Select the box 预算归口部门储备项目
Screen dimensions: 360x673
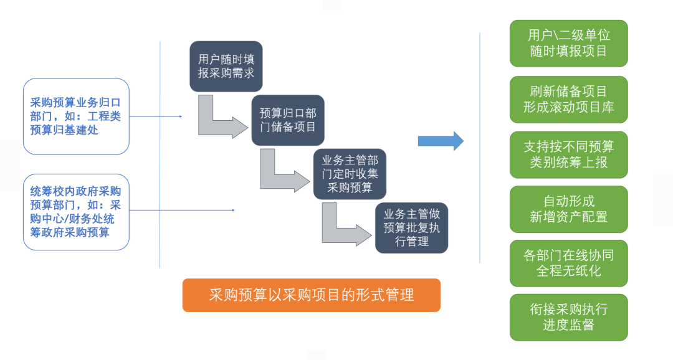pos(287,120)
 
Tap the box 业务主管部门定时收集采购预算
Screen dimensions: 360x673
pos(350,174)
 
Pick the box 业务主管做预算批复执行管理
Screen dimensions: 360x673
pos(411,227)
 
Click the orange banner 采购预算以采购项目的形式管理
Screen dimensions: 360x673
pos(311,295)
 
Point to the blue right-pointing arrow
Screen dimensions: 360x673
pos(441,141)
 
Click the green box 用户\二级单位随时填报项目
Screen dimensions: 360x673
pos(568,43)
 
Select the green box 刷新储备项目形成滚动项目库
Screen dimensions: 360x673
pos(568,99)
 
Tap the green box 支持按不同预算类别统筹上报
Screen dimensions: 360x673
pos(568,154)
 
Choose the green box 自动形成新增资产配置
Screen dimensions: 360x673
pos(568,209)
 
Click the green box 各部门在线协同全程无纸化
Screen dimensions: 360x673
pos(568,263)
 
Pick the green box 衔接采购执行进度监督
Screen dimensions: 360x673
pos(568,317)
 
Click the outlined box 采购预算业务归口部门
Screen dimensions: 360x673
pos(76,116)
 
